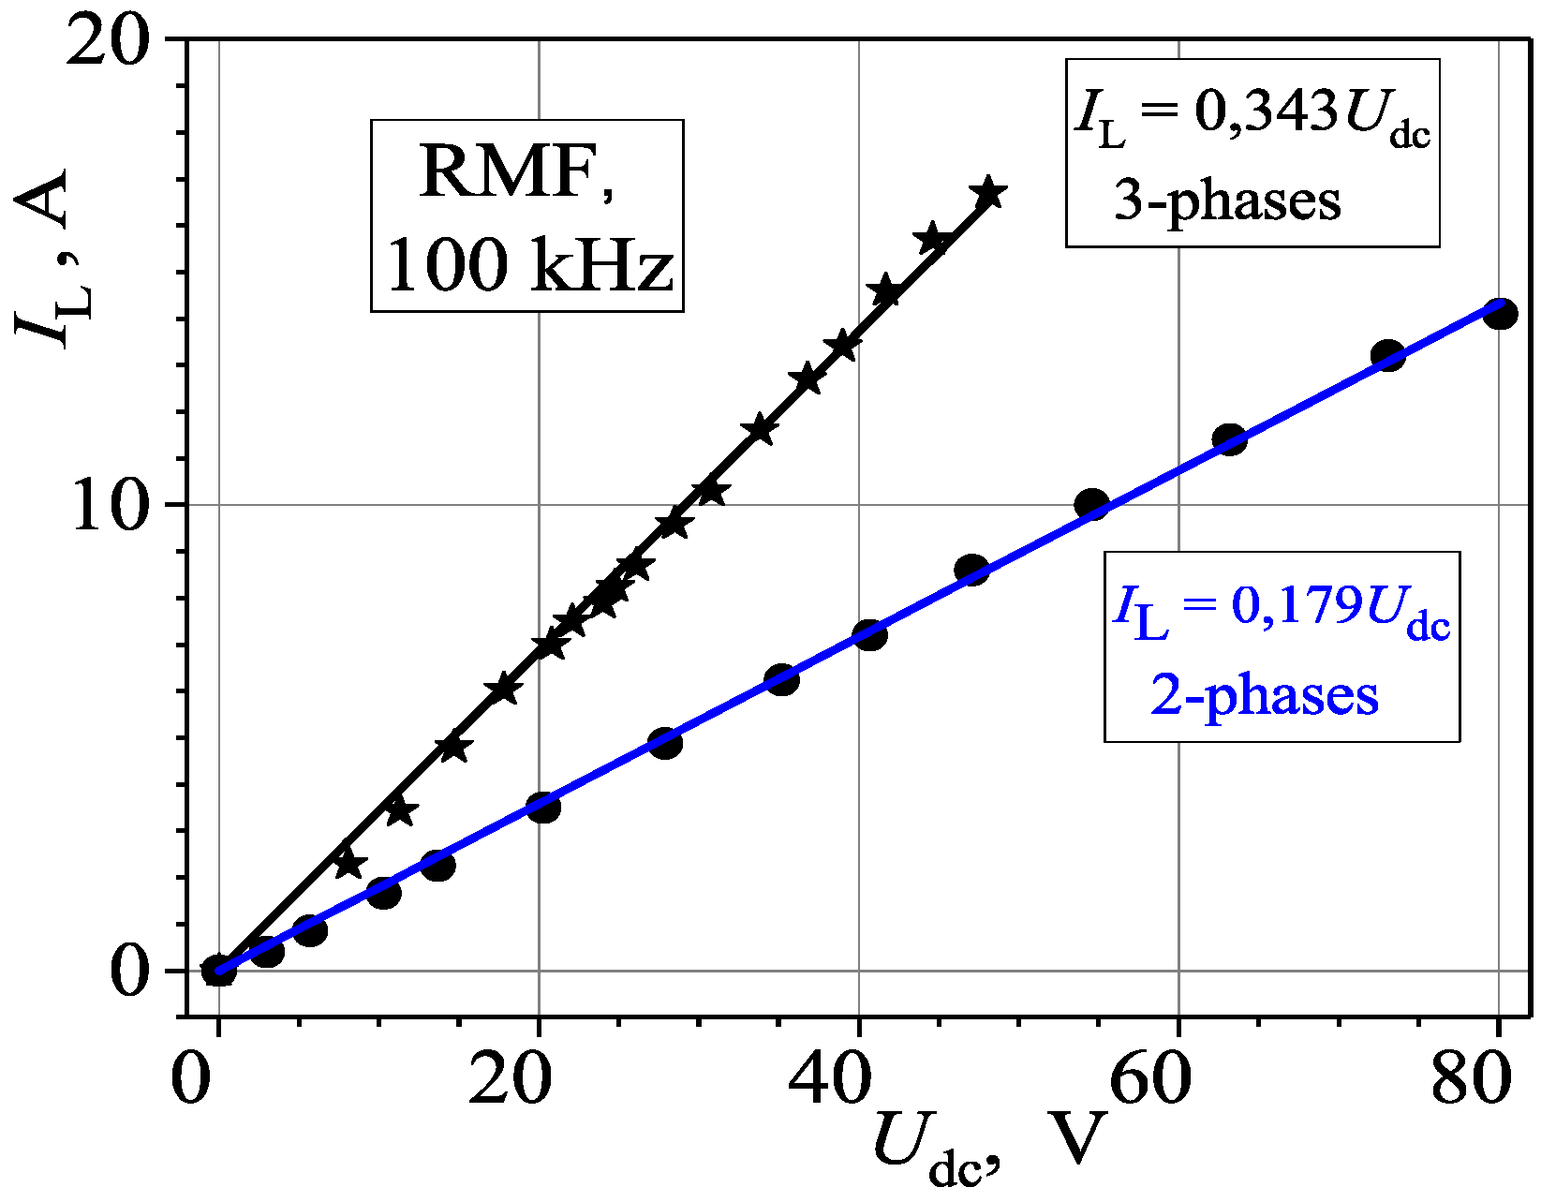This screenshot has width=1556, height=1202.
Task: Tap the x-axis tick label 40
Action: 830,1079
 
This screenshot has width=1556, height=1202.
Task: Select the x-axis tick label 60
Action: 1150,1079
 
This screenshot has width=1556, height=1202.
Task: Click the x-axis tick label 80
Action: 1472,1079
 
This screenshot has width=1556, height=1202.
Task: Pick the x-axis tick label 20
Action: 510,1079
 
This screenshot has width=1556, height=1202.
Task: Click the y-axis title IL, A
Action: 47,258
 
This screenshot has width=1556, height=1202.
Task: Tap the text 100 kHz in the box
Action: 529,266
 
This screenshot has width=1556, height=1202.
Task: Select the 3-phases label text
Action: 1227,200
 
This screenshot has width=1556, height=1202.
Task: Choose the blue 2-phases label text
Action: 1265,696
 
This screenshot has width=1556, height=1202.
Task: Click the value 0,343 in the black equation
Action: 1265,113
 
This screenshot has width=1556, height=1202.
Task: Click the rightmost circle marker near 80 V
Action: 1500,314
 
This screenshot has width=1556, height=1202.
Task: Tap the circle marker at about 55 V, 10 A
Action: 1092,504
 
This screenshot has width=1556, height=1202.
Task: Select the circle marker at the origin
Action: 218,970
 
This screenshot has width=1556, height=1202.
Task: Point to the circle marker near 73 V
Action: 1387,355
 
